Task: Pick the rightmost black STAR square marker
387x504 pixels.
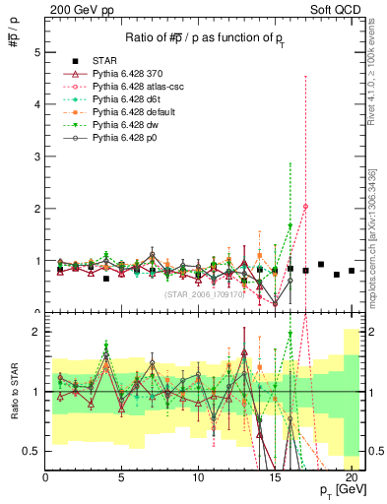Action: (x=352, y=271)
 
